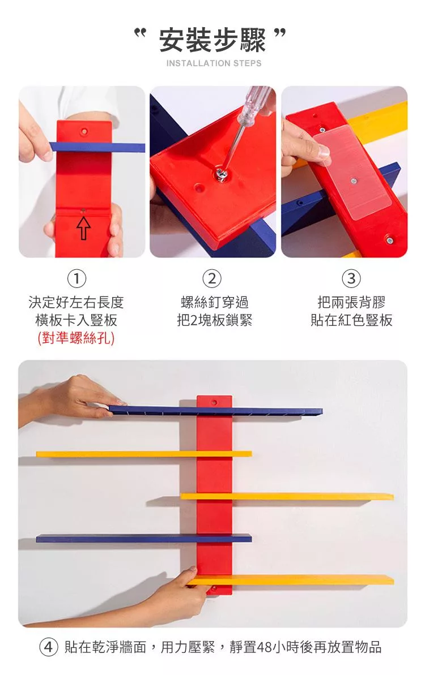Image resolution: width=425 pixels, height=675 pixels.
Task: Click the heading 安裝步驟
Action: click(x=212, y=40)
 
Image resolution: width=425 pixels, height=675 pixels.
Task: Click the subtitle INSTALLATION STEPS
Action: click(x=214, y=63)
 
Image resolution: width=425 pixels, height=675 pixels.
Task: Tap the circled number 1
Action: click(x=76, y=279)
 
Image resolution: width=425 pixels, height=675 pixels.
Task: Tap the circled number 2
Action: click(x=212, y=279)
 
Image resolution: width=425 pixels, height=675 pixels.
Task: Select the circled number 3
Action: click(x=351, y=279)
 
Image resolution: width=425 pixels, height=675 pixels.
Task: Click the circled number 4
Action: click(x=49, y=647)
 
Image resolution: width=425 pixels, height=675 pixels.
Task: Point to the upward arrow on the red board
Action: click(x=84, y=228)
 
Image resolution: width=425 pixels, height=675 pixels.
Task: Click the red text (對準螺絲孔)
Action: click(x=76, y=338)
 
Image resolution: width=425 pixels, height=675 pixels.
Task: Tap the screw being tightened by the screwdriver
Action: click(x=222, y=174)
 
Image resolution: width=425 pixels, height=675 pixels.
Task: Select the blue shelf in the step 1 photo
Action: click(x=97, y=147)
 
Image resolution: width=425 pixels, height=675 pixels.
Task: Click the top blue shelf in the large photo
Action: click(x=215, y=411)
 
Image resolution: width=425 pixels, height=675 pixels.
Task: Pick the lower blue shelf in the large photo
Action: click(x=143, y=538)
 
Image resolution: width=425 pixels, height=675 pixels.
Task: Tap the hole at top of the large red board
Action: click(x=214, y=402)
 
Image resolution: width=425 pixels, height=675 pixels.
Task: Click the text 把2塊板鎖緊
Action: click(x=214, y=320)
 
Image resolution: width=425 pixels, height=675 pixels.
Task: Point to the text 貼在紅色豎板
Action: click(x=351, y=320)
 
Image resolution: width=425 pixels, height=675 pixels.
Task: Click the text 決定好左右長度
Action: click(x=76, y=302)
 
